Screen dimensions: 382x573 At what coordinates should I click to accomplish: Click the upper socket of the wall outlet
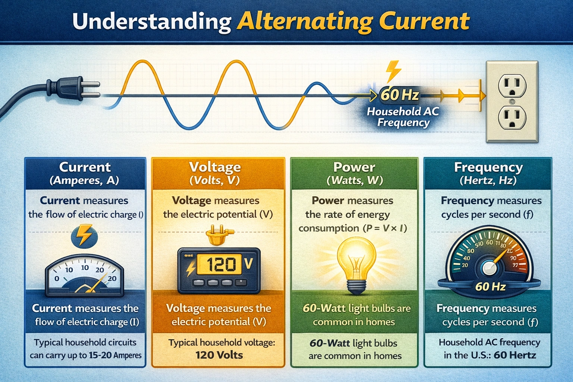512,85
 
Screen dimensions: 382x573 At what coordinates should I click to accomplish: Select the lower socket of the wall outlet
512,117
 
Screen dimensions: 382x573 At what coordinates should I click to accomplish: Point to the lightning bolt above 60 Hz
393,71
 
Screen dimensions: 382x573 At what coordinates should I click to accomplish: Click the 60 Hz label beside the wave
399,95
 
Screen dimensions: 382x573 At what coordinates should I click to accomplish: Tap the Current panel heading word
85,167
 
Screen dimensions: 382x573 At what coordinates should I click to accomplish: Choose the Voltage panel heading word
215,167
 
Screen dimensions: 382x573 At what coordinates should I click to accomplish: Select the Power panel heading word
354,167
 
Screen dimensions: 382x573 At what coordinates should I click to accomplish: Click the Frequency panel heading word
488,167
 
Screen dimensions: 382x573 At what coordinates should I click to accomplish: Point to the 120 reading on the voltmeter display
221,264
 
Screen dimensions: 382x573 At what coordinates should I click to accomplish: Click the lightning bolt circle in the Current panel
84,235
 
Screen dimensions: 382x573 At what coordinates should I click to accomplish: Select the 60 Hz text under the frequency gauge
490,286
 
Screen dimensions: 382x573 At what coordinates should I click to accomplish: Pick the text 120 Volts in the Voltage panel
219,355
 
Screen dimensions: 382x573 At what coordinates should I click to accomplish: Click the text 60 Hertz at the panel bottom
515,355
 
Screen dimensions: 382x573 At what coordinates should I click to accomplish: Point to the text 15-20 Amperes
115,355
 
